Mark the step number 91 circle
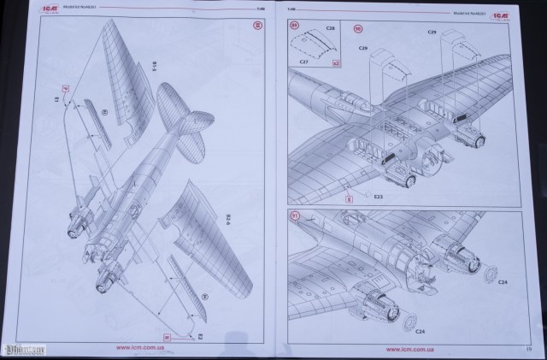point(295,215)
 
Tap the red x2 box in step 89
point(335,62)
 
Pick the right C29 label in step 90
point(432,32)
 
